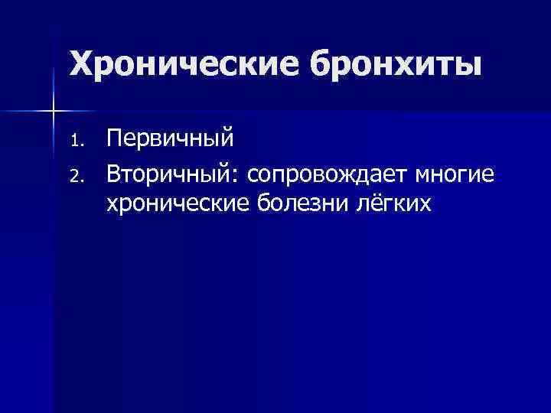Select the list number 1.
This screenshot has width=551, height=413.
pyautogui.click(x=76, y=141)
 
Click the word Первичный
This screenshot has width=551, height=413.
pyautogui.click(x=170, y=139)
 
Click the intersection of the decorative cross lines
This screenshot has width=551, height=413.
pyautogui.click(x=53, y=112)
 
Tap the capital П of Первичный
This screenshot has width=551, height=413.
pyautogui.click(x=114, y=138)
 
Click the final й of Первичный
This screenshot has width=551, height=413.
pyautogui.click(x=227, y=138)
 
